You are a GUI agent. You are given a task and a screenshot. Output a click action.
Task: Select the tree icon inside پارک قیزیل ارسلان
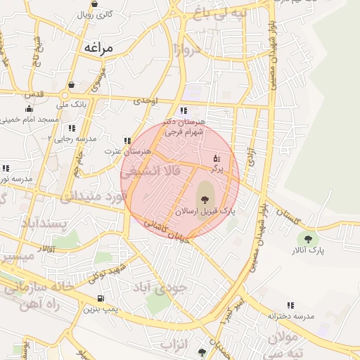(205, 200)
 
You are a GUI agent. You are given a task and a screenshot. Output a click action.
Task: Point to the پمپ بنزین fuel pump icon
(91, 297)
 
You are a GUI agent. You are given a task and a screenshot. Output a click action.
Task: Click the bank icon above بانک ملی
(71, 85)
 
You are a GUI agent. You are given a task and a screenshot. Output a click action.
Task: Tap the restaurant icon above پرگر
(216, 157)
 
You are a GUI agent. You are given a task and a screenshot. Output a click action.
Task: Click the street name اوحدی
(146, 101)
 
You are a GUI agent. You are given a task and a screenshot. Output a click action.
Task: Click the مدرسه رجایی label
(75, 139)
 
